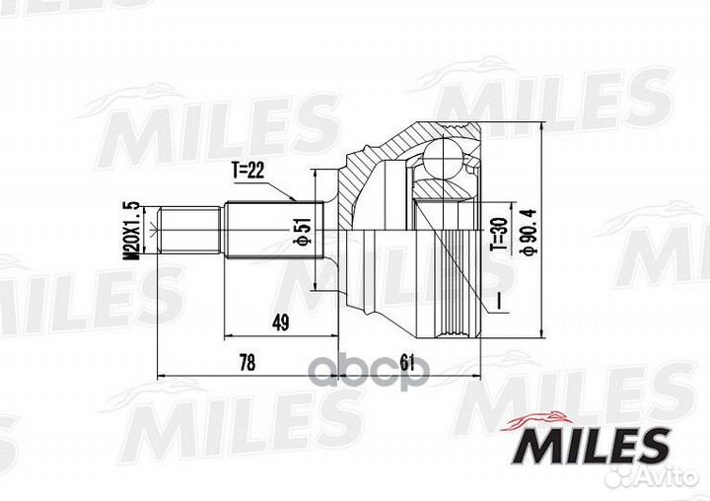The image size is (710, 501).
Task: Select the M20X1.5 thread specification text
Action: (127, 229)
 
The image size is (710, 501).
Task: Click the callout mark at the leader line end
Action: (500, 300)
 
